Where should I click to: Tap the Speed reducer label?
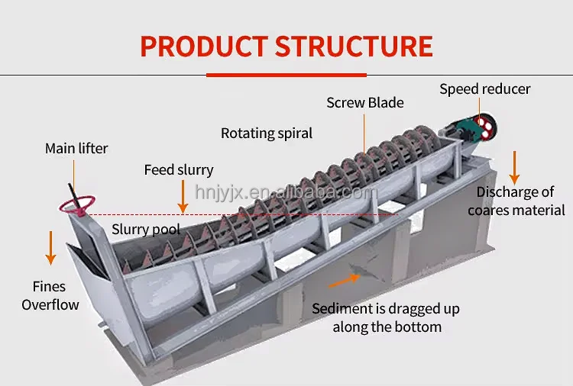(x=484, y=89)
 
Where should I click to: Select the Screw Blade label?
(x=365, y=102)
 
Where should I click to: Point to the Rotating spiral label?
(x=267, y=133)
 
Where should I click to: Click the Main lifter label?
(x=76, y=148)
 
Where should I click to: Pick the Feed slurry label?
(x=179, y=170)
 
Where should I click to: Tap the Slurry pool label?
(x=146, y=229)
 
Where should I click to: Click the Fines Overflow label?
(x=50, y=296)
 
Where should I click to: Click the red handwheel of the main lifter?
(x=77, y=204)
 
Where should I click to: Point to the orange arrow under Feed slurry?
(x=183, y=201)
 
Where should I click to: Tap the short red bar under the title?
(x=286, y=75)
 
